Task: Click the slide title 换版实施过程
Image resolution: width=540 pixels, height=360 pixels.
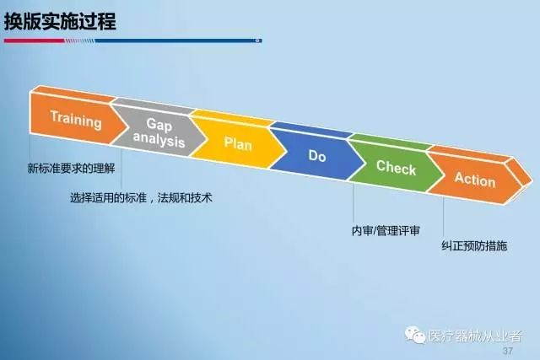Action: coord(60,21)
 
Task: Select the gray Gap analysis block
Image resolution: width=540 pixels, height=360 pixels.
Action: coord(159,132)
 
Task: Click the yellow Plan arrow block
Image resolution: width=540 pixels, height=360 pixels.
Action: coord(238,142)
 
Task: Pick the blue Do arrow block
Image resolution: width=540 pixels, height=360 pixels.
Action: coord(317,155)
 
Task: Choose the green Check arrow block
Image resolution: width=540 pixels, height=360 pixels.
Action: coord(396,167)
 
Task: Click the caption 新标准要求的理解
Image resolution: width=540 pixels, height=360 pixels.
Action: coord(71,169)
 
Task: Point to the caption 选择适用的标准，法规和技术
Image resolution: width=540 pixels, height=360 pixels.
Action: coord(141,197)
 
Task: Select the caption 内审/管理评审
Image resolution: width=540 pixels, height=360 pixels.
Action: coord(386,231)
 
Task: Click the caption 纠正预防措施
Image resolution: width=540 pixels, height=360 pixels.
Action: coord(474,245)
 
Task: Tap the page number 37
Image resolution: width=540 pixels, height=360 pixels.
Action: coord(508,351)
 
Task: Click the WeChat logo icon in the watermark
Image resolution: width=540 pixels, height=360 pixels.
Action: coord(415,335)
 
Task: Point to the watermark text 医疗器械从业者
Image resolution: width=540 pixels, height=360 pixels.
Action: coord(475,336)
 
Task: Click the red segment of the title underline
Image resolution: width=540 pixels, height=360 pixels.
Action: coord(34,40)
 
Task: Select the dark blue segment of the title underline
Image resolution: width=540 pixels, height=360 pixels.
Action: coord(178,40)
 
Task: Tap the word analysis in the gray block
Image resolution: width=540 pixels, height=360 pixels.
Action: coord(159,140)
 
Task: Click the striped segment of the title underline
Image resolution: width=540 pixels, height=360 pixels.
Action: coord(79,40)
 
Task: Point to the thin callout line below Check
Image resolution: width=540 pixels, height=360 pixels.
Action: coord(353,202)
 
